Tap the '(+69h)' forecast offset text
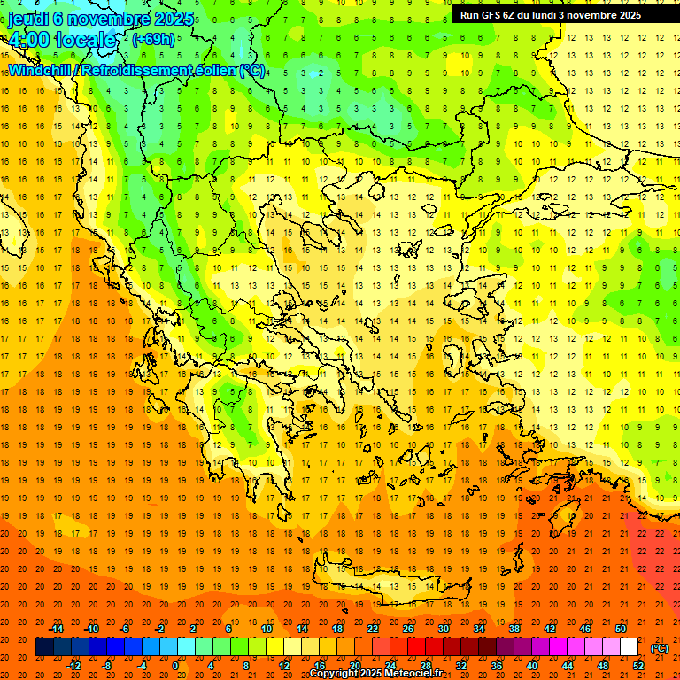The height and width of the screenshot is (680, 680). [x=153, y=39]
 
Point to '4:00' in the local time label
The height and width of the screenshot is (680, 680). [x=31, y=40]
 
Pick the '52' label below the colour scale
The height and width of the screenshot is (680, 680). [x=638, y=665]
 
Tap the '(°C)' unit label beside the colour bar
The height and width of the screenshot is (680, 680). [x=660, y=648]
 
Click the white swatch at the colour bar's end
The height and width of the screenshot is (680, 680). [x=630, y=647]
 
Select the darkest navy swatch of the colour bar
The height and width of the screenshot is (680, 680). [x=44, y=647]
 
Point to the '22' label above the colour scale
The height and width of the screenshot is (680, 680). [x=373, y=629]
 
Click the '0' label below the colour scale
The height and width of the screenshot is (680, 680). [x=175, y=665]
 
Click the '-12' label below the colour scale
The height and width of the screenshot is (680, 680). [x=74, y=665]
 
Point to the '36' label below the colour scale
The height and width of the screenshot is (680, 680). [x=497, y=665]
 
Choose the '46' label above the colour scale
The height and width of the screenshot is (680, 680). [x=585, y=629]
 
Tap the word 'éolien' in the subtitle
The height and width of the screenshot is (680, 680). [x=215, y=70]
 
